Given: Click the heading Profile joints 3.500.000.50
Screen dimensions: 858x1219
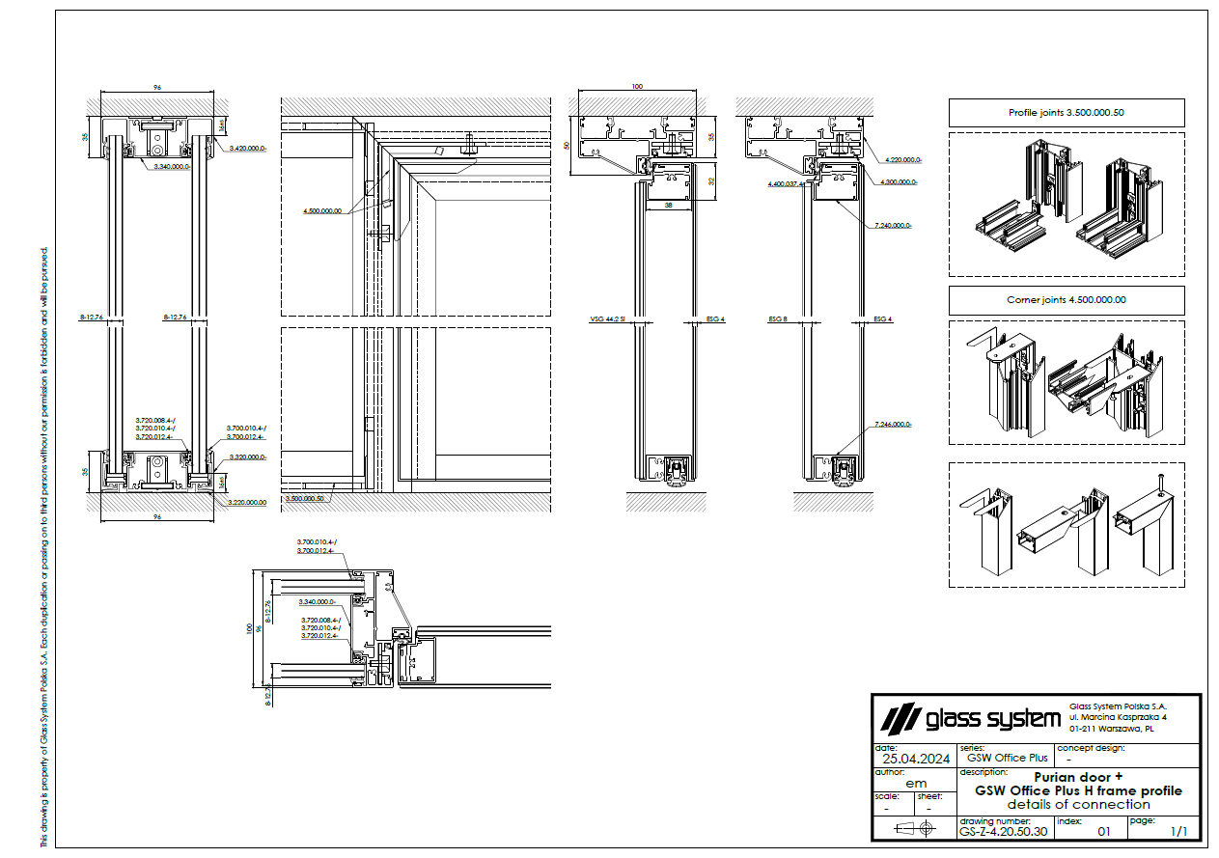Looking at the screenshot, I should click(x=1066, y=113).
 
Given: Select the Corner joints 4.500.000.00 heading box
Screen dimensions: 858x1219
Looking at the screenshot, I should click(x=1066, y=300).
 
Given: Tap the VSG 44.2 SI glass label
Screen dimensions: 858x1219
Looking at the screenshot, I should click(x=608, y=318).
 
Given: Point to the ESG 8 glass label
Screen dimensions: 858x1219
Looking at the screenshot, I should click(x=778, y=318).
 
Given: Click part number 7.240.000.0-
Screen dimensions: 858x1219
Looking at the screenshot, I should click(x=893, y=225).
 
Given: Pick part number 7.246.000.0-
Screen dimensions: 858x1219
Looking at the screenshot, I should click(x=893, y=425).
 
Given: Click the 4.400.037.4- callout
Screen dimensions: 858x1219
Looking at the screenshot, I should click(x=786, y=183).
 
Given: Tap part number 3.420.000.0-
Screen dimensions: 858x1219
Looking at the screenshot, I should click(x=248, y=149).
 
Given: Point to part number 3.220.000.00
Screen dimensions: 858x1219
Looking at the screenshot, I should click(x=247, y=502).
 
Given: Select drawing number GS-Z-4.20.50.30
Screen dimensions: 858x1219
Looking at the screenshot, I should click(x=1002, y=830).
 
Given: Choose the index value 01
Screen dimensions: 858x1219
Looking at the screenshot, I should click(x=1105, y=830).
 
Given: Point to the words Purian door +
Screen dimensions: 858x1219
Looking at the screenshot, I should click(x=1078, y=777).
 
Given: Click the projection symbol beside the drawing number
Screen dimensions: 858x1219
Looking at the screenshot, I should click(x=914, y=829).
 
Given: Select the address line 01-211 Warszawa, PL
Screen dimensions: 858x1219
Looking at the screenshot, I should click(x=1113, y=730).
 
